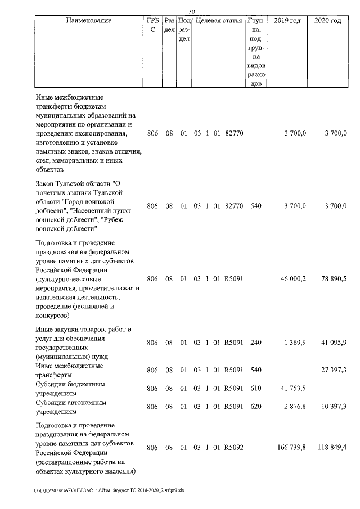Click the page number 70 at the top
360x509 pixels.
[191, 11]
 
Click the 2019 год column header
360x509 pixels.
[287, 21]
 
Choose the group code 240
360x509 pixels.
[256, 343]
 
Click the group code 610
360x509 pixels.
[256, 389]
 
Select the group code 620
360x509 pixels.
[256, 407]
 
